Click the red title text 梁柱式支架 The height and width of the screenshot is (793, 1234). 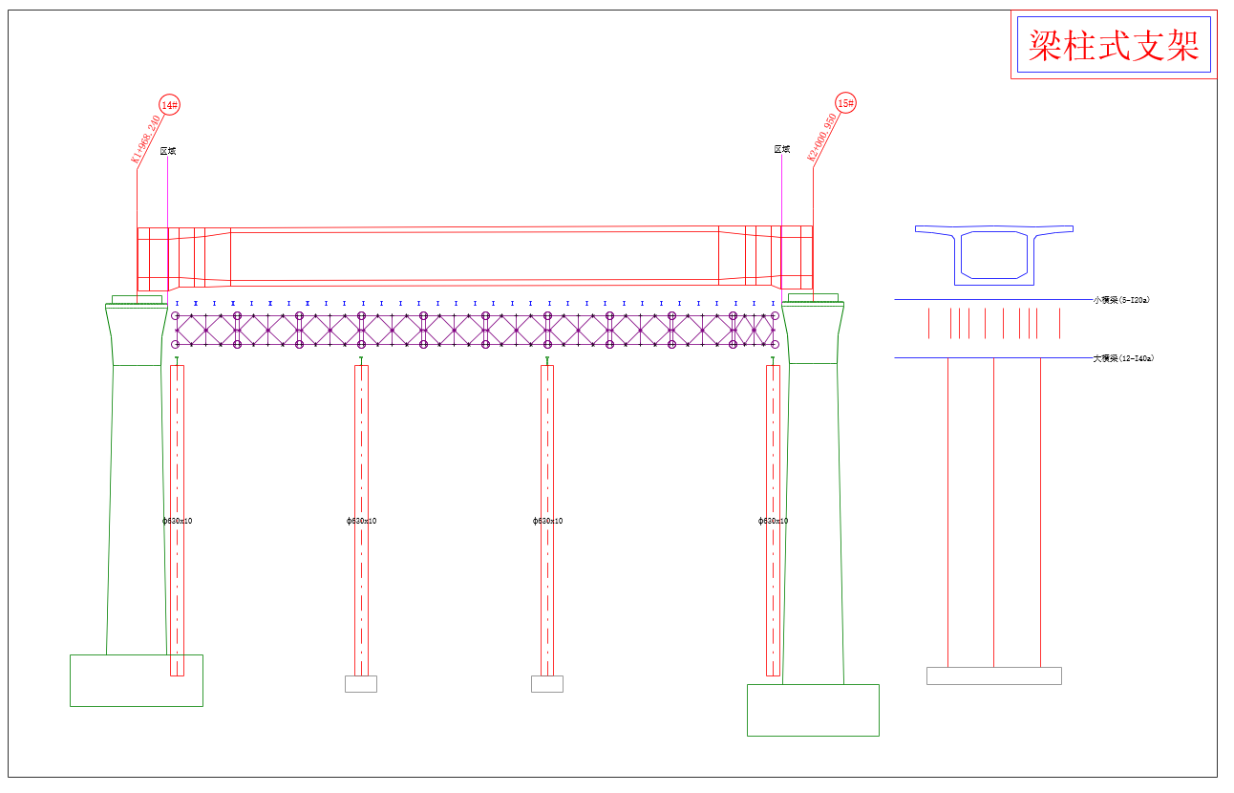click(x=1114, y=45)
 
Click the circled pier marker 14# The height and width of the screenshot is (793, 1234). click(x=169, y=105)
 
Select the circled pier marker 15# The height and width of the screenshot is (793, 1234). click(x=845, y=102)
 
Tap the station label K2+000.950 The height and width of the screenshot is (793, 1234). click(x=823, y=138)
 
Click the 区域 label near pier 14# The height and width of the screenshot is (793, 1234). click(x=168, y=151)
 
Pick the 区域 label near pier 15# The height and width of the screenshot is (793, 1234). click(x=782, y=149)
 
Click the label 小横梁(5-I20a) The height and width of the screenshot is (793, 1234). click(x=1121, y=300)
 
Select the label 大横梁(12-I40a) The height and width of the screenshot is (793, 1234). click(x=1123, y=358)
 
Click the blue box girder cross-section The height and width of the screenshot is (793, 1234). click(x=994, y=254)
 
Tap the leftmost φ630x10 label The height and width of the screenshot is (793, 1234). click(x=178, y=521)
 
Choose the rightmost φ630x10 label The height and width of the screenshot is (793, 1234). click(x=773, y=521)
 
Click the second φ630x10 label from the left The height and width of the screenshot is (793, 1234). click(x=361, y=521)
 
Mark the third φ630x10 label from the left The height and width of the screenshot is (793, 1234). click(x=547, y=521)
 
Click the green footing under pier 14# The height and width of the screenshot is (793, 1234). click(x=137, y=680)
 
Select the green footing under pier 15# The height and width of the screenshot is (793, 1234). click(x=813, y=710)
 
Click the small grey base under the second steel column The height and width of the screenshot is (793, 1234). click(x=361, y=684)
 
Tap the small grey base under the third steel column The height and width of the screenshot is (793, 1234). click(x=547, y=684)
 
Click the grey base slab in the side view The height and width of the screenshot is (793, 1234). click(x=993, y=675)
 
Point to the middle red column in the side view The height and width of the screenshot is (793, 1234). click(x=993, y=512)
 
